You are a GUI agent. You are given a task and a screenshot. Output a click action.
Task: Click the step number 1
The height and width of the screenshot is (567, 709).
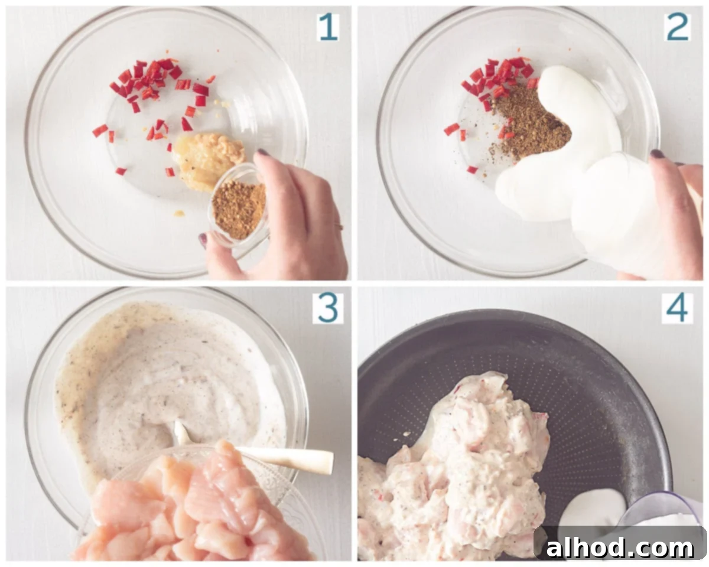328,27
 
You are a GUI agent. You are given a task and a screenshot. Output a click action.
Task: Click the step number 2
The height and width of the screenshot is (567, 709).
677,27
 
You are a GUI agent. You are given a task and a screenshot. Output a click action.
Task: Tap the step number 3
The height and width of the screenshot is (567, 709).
328,308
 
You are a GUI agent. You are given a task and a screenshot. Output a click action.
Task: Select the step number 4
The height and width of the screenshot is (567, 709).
677,308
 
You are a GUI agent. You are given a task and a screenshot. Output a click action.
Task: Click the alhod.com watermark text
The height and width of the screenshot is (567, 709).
620,548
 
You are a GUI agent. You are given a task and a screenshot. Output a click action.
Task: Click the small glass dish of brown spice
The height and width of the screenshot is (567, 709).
239,207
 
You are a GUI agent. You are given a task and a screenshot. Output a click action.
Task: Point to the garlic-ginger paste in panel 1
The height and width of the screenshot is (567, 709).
207,161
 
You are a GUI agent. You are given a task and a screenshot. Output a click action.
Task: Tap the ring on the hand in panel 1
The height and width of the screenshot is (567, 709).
339,226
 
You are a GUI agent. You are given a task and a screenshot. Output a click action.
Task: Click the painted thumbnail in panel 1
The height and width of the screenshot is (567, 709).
202,240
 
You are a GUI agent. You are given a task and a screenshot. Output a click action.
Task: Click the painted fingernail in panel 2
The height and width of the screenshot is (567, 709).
657,154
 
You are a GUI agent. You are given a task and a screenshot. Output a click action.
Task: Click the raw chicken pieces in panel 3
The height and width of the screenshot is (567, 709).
191,507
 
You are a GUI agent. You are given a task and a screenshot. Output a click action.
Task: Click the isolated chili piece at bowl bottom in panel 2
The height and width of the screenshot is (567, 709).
472,170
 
